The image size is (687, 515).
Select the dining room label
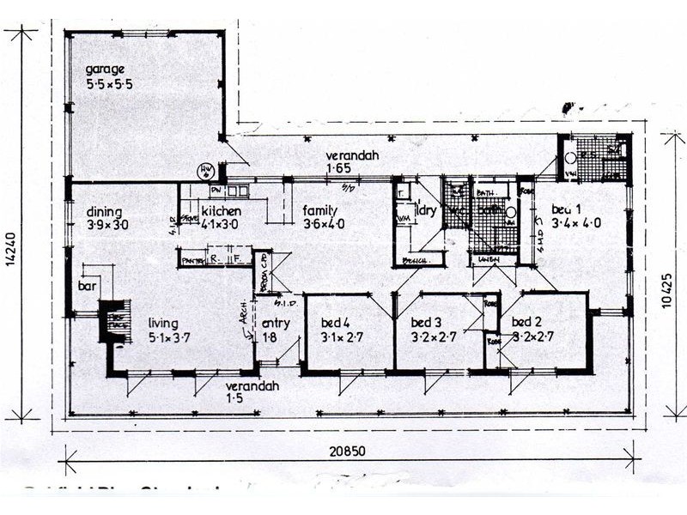coord(104,212)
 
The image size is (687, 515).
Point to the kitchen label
coord(222,211)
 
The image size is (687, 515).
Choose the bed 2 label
coord(525,322)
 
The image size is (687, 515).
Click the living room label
coord(162,323)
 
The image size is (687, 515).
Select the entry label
coord(276,323)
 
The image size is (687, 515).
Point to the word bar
coord(86,284)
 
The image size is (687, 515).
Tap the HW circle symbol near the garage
coord(206,171)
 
